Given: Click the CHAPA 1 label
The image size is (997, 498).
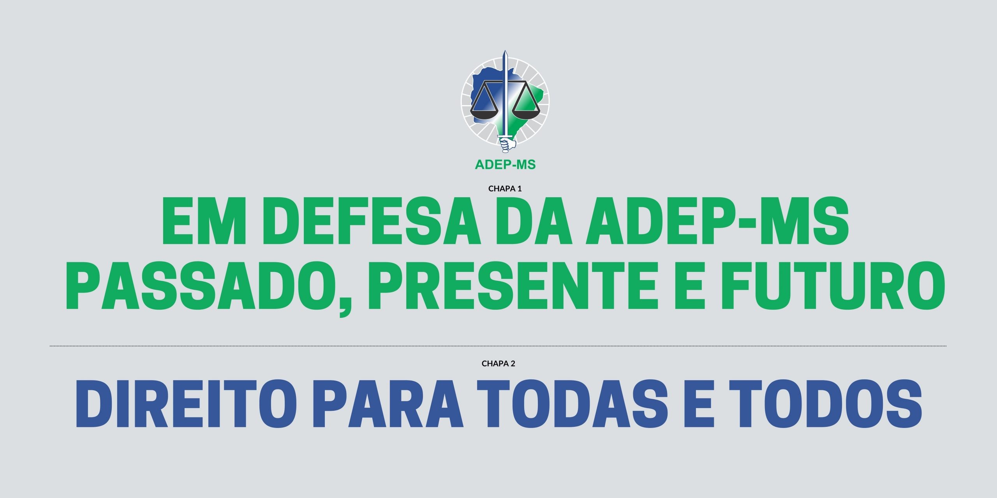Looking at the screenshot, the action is point(505,189).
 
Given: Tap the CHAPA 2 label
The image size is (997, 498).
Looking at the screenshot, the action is point(498,363).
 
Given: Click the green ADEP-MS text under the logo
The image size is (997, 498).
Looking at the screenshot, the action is point(505,165).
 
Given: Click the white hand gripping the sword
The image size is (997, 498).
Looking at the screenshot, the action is point(507,144).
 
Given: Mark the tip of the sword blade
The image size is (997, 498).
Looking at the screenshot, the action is point(505,51).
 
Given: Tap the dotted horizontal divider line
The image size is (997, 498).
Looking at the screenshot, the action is point(498,345).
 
